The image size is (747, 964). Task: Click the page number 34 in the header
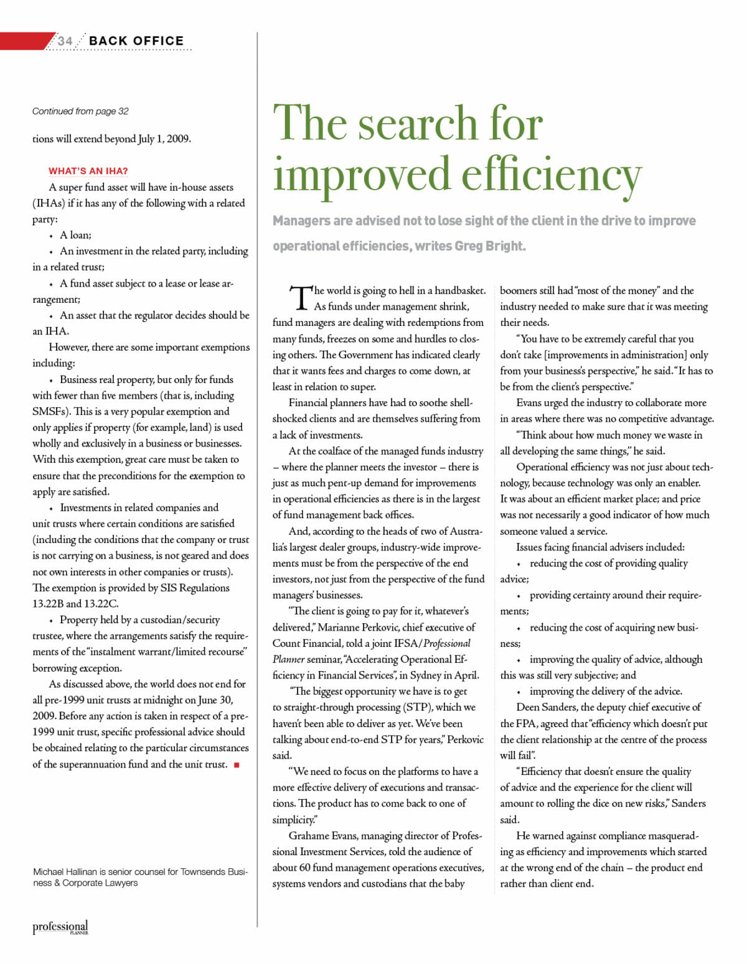point(65,41)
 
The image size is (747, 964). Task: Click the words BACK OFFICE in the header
point(136,41)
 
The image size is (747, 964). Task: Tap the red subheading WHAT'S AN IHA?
point(88,171)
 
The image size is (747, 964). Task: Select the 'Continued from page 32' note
point(80,111)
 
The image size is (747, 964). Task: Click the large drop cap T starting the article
point(300,299)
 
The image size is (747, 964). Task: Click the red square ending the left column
point(237,765)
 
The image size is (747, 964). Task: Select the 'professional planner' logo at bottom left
point(60,927)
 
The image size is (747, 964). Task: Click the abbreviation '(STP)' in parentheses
point(416,708)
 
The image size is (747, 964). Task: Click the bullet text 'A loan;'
point(75,235)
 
